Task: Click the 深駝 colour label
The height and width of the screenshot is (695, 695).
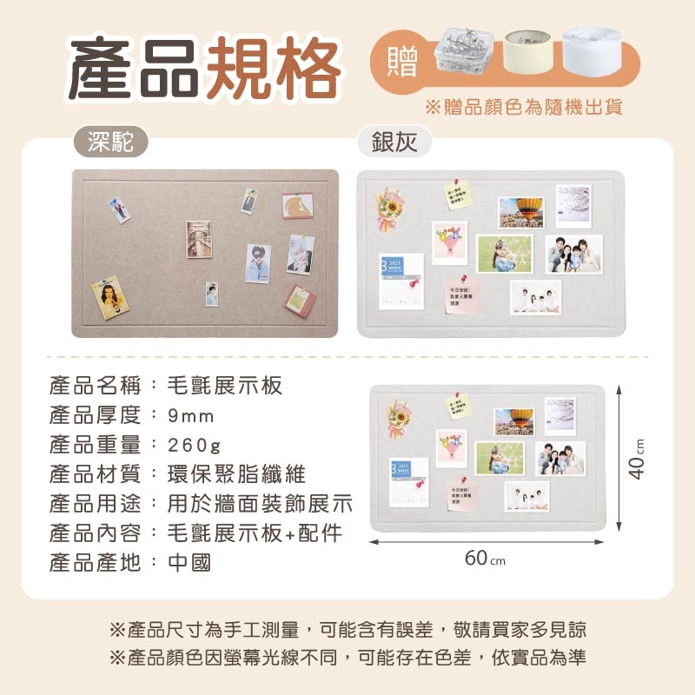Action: tap(111, 142)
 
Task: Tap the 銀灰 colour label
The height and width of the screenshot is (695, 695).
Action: tap(395, 142)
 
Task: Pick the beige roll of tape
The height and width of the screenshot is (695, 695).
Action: tap(528, 54)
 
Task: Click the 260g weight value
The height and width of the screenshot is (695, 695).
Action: tap(195, 445)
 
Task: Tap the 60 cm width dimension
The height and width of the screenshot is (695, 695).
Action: tap(485, 559)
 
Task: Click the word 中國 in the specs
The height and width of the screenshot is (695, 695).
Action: tap(189, 563)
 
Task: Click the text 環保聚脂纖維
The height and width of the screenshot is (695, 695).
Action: tap(236, 474)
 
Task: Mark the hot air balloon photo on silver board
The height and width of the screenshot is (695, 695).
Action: tap(520, 212)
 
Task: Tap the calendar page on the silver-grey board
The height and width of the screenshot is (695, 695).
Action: tap(400, 280)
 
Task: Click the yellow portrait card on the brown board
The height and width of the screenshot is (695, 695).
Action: tap(110, 297)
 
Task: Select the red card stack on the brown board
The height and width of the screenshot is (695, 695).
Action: tap(301, 301)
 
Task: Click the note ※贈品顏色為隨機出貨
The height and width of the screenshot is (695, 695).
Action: tap(524, 108)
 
